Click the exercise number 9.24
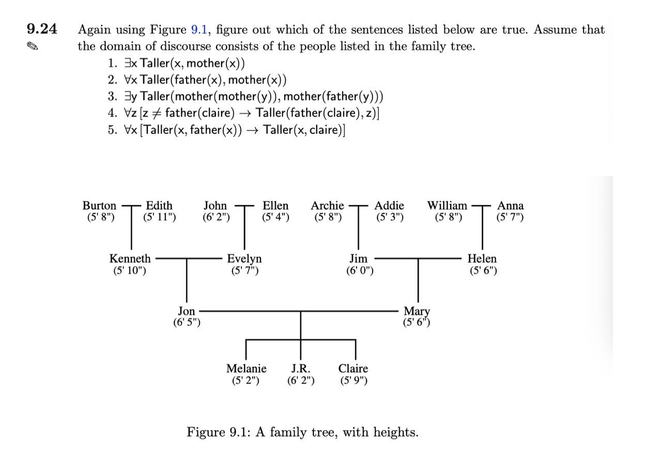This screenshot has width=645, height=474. (x=41, y=29)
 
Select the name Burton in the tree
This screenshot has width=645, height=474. (x=99, y=206)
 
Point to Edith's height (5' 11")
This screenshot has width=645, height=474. (x=159, y=217)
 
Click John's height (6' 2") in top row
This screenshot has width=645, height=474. (x=216, y=217)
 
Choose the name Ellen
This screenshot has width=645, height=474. (x=275, y=206)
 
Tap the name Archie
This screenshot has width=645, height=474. (x=327, y=206)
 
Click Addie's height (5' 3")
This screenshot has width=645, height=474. (x=389, y=217)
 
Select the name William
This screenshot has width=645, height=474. (x=447, y=206)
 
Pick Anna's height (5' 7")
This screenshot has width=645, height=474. (x=510, y=217)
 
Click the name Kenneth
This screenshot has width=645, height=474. (x=130, y=259)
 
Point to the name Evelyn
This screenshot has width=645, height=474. (x=244, y=259)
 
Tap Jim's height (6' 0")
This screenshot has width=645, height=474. (x=359, y=270)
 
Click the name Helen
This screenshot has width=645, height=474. (x=482, y=259)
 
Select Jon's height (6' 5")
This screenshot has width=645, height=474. (x=187, y=323)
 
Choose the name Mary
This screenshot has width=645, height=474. (x=417, y=311)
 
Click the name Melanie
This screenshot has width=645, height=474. (x=247, y=369)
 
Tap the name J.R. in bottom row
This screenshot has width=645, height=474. (x=300, y=369)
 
